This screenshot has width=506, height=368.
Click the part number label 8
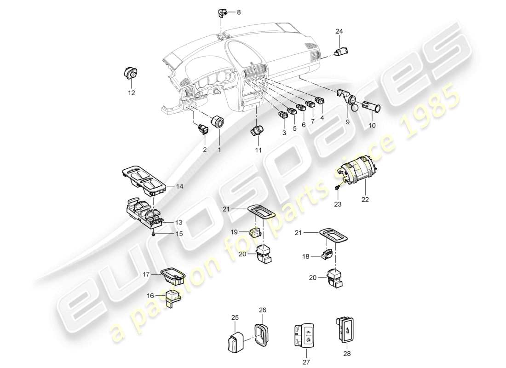[x=238, y=13]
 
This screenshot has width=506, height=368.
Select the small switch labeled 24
[x=342, y=52]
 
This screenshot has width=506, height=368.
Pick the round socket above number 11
[x=257, y=130]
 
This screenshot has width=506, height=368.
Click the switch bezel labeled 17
[x=172, y=278]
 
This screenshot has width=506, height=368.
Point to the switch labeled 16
[x=173, y=298]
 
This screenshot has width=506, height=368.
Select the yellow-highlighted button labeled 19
[x=255, y=234]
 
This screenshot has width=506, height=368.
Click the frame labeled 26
[x=261, y=333]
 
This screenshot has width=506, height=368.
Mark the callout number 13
[x=166, y=222]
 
